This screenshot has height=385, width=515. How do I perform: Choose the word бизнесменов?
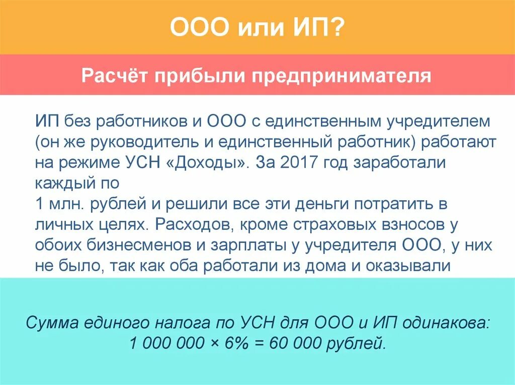147,245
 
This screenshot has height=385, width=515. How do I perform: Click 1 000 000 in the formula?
165,344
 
